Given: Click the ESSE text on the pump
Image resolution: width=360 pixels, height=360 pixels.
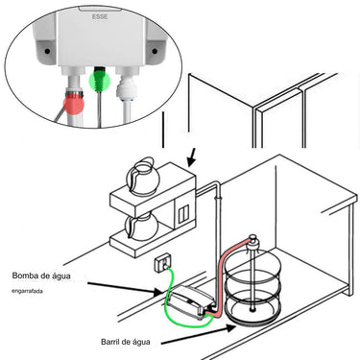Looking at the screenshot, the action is click(100, 16).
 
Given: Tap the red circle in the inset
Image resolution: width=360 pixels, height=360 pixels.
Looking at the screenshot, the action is click(74, 105).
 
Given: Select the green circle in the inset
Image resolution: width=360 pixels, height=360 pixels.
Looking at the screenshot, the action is click(99, 81).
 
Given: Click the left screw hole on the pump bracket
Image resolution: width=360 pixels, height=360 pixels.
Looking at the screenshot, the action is click(47, 51).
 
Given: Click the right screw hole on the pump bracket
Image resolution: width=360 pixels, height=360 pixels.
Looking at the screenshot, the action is click(155, 51).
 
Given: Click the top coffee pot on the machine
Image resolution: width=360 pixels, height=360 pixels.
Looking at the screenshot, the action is click(141, 176).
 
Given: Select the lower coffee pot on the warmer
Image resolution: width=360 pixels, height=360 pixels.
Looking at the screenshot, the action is click(141, 227).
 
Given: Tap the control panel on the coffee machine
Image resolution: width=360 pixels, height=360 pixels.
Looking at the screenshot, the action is click(183, 214).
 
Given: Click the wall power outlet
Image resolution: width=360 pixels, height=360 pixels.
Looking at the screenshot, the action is click(164, 263).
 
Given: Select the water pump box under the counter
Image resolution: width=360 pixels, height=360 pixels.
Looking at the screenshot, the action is click(190, 300).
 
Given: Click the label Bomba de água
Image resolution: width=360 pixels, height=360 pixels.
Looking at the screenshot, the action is click(41, 276).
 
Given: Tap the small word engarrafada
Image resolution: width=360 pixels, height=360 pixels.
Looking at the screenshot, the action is click(27, 291).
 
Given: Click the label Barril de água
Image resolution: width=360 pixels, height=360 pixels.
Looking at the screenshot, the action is click(126, 342).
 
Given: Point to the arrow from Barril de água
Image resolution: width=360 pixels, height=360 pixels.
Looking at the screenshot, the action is click(199, 335).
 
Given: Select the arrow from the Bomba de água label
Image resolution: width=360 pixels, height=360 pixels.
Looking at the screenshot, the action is click(125, 287).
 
